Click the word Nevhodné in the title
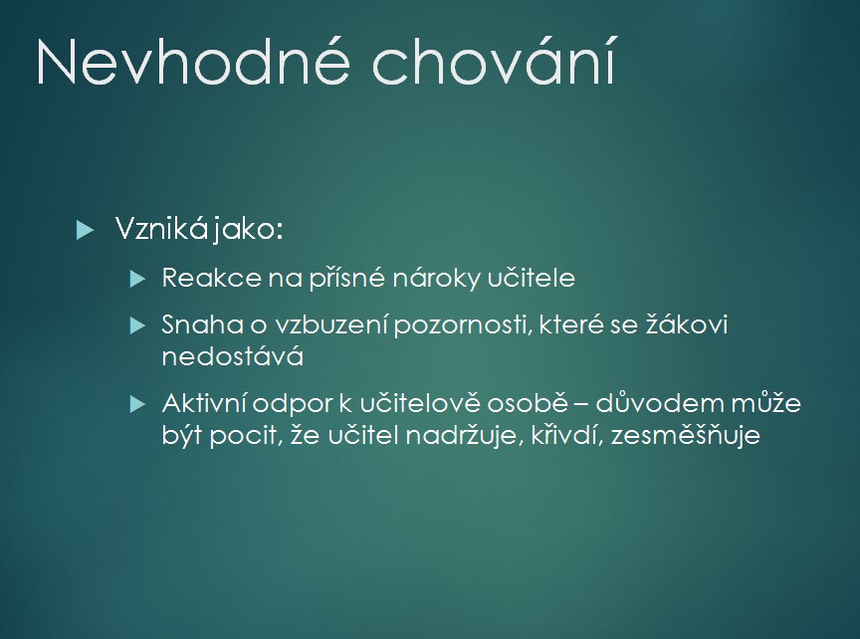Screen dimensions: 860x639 [193, 62]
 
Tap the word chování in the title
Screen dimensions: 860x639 [494, 61]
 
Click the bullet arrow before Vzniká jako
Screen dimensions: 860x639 [85, 229]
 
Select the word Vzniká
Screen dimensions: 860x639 [161, 228]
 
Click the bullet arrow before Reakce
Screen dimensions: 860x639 [137, 279]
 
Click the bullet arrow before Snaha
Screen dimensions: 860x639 [137, 325]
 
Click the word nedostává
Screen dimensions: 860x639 [233, 356]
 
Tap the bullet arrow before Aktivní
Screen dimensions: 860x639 [137, 405]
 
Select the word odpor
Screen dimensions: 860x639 [293, 405]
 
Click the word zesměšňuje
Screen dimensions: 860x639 [686, 436]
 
